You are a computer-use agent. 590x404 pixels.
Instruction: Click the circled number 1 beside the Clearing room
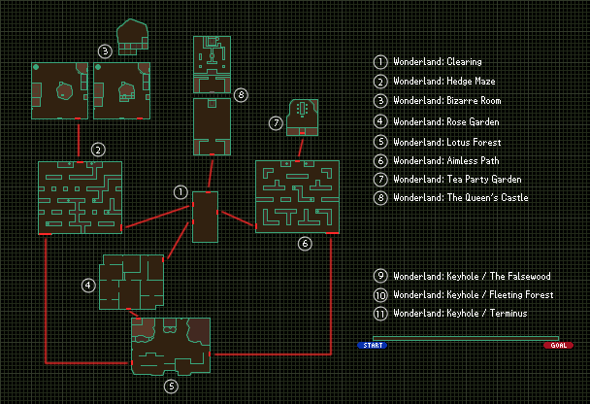click(180, 191)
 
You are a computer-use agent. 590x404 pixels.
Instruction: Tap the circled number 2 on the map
click(97, 150)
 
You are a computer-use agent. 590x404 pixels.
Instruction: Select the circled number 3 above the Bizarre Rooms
click(105, 50)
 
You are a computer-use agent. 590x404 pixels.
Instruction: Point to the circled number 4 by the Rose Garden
click(88, 285)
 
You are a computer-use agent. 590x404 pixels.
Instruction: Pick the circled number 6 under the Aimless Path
click(304, 244)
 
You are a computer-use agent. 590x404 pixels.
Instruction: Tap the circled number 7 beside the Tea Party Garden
click(276, 123)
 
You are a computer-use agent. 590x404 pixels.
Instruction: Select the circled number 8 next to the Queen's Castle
click(241, 94)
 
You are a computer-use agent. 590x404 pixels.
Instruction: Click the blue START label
click(372, 345)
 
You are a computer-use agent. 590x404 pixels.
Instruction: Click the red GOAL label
click(558, 345)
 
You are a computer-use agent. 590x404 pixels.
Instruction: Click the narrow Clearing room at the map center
click(205, 217)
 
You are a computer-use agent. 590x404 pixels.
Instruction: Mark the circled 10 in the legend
click(381, 294)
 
